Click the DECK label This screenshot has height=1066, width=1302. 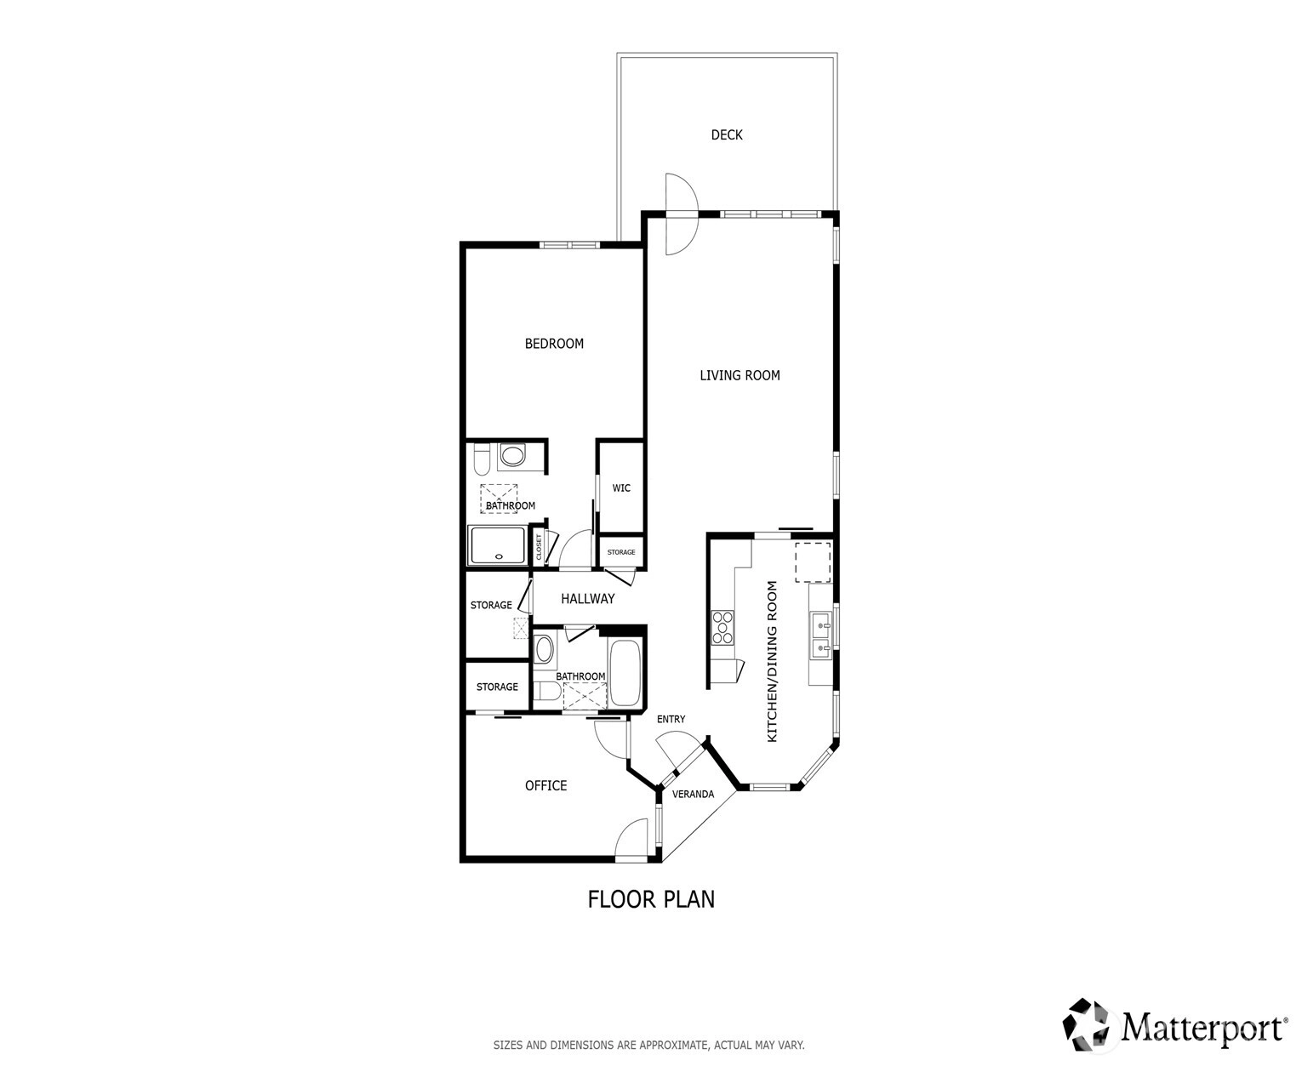(726, 134)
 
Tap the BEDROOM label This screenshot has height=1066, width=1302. (554, 343)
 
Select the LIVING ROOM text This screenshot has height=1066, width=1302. (740, 374)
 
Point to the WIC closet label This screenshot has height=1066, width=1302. (621, 487)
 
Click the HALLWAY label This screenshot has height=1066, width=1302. (587, 598)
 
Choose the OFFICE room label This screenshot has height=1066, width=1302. (545, 785)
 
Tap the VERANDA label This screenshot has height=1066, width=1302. (693, 794)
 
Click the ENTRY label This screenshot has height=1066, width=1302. (671, 719)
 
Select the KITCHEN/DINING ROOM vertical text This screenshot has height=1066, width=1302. (772, 661)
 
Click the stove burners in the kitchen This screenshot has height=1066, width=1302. (722, 627)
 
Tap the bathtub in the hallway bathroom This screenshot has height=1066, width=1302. (625, 673)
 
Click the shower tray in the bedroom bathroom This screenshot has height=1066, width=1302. (498, 545)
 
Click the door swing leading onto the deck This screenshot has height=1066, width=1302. (682, 214)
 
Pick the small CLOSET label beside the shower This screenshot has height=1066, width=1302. (539, 547)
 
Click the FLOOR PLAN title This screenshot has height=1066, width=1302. (651, 899)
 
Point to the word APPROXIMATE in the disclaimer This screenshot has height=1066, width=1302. (673, 1045)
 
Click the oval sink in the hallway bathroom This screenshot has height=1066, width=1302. (544, 649)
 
